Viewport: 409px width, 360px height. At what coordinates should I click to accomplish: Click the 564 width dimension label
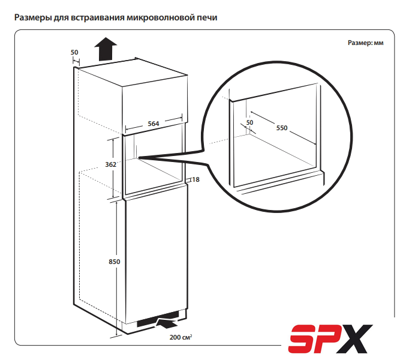coord(154,124)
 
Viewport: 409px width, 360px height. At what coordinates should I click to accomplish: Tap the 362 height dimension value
coord(110,164)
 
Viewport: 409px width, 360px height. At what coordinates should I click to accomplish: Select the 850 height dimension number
coord(115,262)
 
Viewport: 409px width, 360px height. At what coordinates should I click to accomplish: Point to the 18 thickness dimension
coord(196,179)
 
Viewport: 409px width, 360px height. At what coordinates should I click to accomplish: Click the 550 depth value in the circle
coord(282,128)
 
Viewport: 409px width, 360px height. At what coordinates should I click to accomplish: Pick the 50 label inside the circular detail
coord(249,122)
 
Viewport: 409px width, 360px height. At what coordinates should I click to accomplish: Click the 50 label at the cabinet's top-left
coord(74,52)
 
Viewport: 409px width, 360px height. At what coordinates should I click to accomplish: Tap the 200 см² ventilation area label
coord(181,337)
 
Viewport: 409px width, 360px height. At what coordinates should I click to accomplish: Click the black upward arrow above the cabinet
coord(106,49)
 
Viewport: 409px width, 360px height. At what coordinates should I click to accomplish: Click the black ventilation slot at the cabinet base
coord(158,319)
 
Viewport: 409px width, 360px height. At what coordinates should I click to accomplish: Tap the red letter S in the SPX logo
coord(303,338)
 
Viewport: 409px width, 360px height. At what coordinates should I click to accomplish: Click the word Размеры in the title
coord(33,18)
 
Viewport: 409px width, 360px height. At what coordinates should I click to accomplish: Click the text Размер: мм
coord(365,43)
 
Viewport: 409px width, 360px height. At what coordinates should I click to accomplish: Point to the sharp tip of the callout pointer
coord(139,157)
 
